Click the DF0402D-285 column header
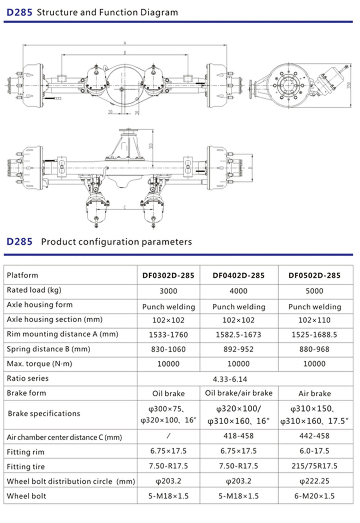238,275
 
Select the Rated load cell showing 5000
314,291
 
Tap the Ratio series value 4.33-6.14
230,379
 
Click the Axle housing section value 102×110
314,320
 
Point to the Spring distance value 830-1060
168,349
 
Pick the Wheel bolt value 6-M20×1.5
314,496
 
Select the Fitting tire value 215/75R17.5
314,466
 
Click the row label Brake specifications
44,413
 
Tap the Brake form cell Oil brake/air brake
238,393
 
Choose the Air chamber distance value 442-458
314,436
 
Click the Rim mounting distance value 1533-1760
168,335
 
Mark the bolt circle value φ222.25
314,481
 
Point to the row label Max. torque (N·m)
40,364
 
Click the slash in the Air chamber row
168,436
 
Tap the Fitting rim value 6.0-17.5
314,451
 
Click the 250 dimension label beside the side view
348,85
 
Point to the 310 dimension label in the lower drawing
151,146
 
